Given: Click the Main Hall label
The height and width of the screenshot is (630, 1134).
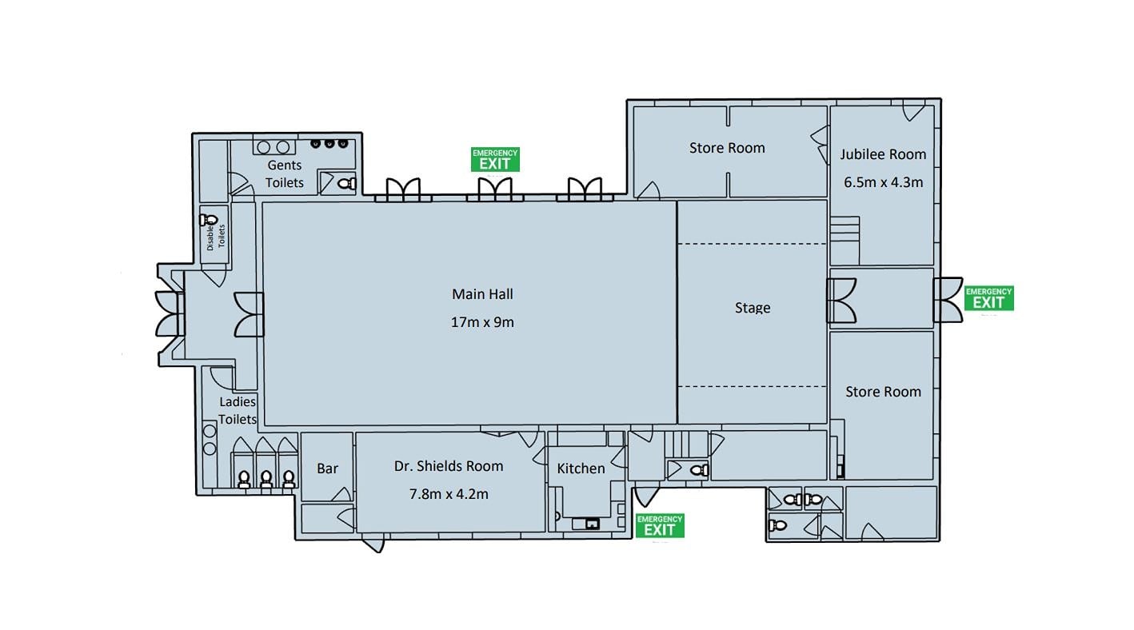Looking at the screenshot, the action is point(482,294).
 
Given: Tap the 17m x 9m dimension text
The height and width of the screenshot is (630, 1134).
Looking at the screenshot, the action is point(482,322).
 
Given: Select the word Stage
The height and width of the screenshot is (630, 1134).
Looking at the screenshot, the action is point(753,308).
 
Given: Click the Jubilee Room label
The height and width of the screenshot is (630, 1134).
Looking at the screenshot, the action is point(883,154).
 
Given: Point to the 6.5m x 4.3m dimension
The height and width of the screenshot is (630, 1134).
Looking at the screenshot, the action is point(883,182).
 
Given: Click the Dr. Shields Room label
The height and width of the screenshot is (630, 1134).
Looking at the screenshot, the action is point(449,466).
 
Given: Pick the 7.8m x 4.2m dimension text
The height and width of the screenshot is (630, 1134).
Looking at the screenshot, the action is point(449,494).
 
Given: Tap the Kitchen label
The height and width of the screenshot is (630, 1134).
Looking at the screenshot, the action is point(581,469).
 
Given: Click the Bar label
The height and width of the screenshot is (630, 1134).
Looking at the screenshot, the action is point(328,469).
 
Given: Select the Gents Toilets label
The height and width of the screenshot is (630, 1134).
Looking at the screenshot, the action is point(285,173).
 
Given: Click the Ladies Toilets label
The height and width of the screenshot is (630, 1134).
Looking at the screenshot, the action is point(238,410).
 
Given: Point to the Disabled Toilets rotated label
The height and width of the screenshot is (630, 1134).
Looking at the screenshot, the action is point(216,237).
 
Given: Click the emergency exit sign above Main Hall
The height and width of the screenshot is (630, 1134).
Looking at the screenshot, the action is point(495,159).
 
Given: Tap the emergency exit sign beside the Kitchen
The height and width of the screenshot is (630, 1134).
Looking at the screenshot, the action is point(660,526).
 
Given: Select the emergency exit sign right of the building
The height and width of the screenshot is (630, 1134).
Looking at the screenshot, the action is point(988,298).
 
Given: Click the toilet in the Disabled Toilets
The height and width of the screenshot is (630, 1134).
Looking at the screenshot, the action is point(208,220).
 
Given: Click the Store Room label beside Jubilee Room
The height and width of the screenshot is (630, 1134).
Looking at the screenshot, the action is point(727,148).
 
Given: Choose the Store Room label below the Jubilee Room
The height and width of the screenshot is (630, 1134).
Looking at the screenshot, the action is point(883,392).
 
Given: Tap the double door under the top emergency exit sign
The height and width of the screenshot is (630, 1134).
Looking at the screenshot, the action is point(495,189).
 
